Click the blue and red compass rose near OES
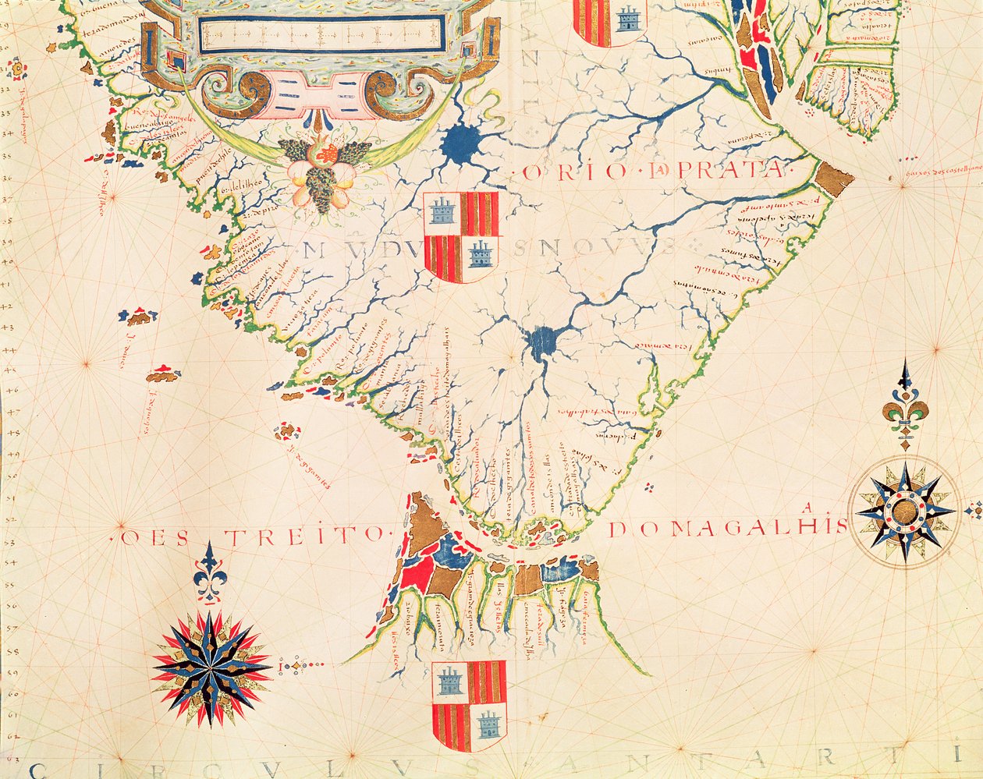(x=211, y=668)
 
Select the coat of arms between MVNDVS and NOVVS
(x=460, y=237)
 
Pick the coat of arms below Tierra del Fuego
(x=469, y=705)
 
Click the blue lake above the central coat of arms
(x=462, y=143)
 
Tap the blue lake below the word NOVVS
(x=541, y=341)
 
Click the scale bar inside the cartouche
(x=321, y=35)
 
